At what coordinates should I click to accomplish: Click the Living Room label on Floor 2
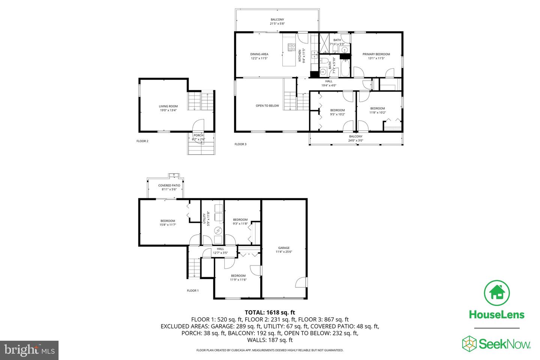(x=168, y=106)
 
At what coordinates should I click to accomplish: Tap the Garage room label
(x=284, y=247)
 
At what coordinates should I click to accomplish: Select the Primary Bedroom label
(x=376, y=54)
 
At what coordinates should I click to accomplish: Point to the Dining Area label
(x=259, y=54)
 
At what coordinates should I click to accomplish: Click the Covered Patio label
(x=169, y=185)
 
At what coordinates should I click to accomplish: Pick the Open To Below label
(x=267, y=106)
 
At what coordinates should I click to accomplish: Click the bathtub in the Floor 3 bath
(x=345, y=68)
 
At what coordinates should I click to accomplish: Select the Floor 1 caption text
(x=193, y=291)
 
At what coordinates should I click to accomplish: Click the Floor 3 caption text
(x=241, y=144)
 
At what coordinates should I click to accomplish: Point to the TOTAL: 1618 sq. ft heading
(x=270, y=312)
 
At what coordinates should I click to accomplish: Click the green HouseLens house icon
(x=497, y=293)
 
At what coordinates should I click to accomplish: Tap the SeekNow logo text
(x=505, y=344)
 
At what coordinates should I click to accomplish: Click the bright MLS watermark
(x=29, y=350)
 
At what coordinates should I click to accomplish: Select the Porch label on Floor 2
(x=199, y=135)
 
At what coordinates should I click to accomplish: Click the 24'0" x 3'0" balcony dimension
(x=355, y=140)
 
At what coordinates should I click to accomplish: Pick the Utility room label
(x=204, y=219)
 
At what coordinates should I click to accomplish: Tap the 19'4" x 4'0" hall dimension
(x=328, y=85)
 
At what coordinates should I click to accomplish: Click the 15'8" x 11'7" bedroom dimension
(x=168, y=225)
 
